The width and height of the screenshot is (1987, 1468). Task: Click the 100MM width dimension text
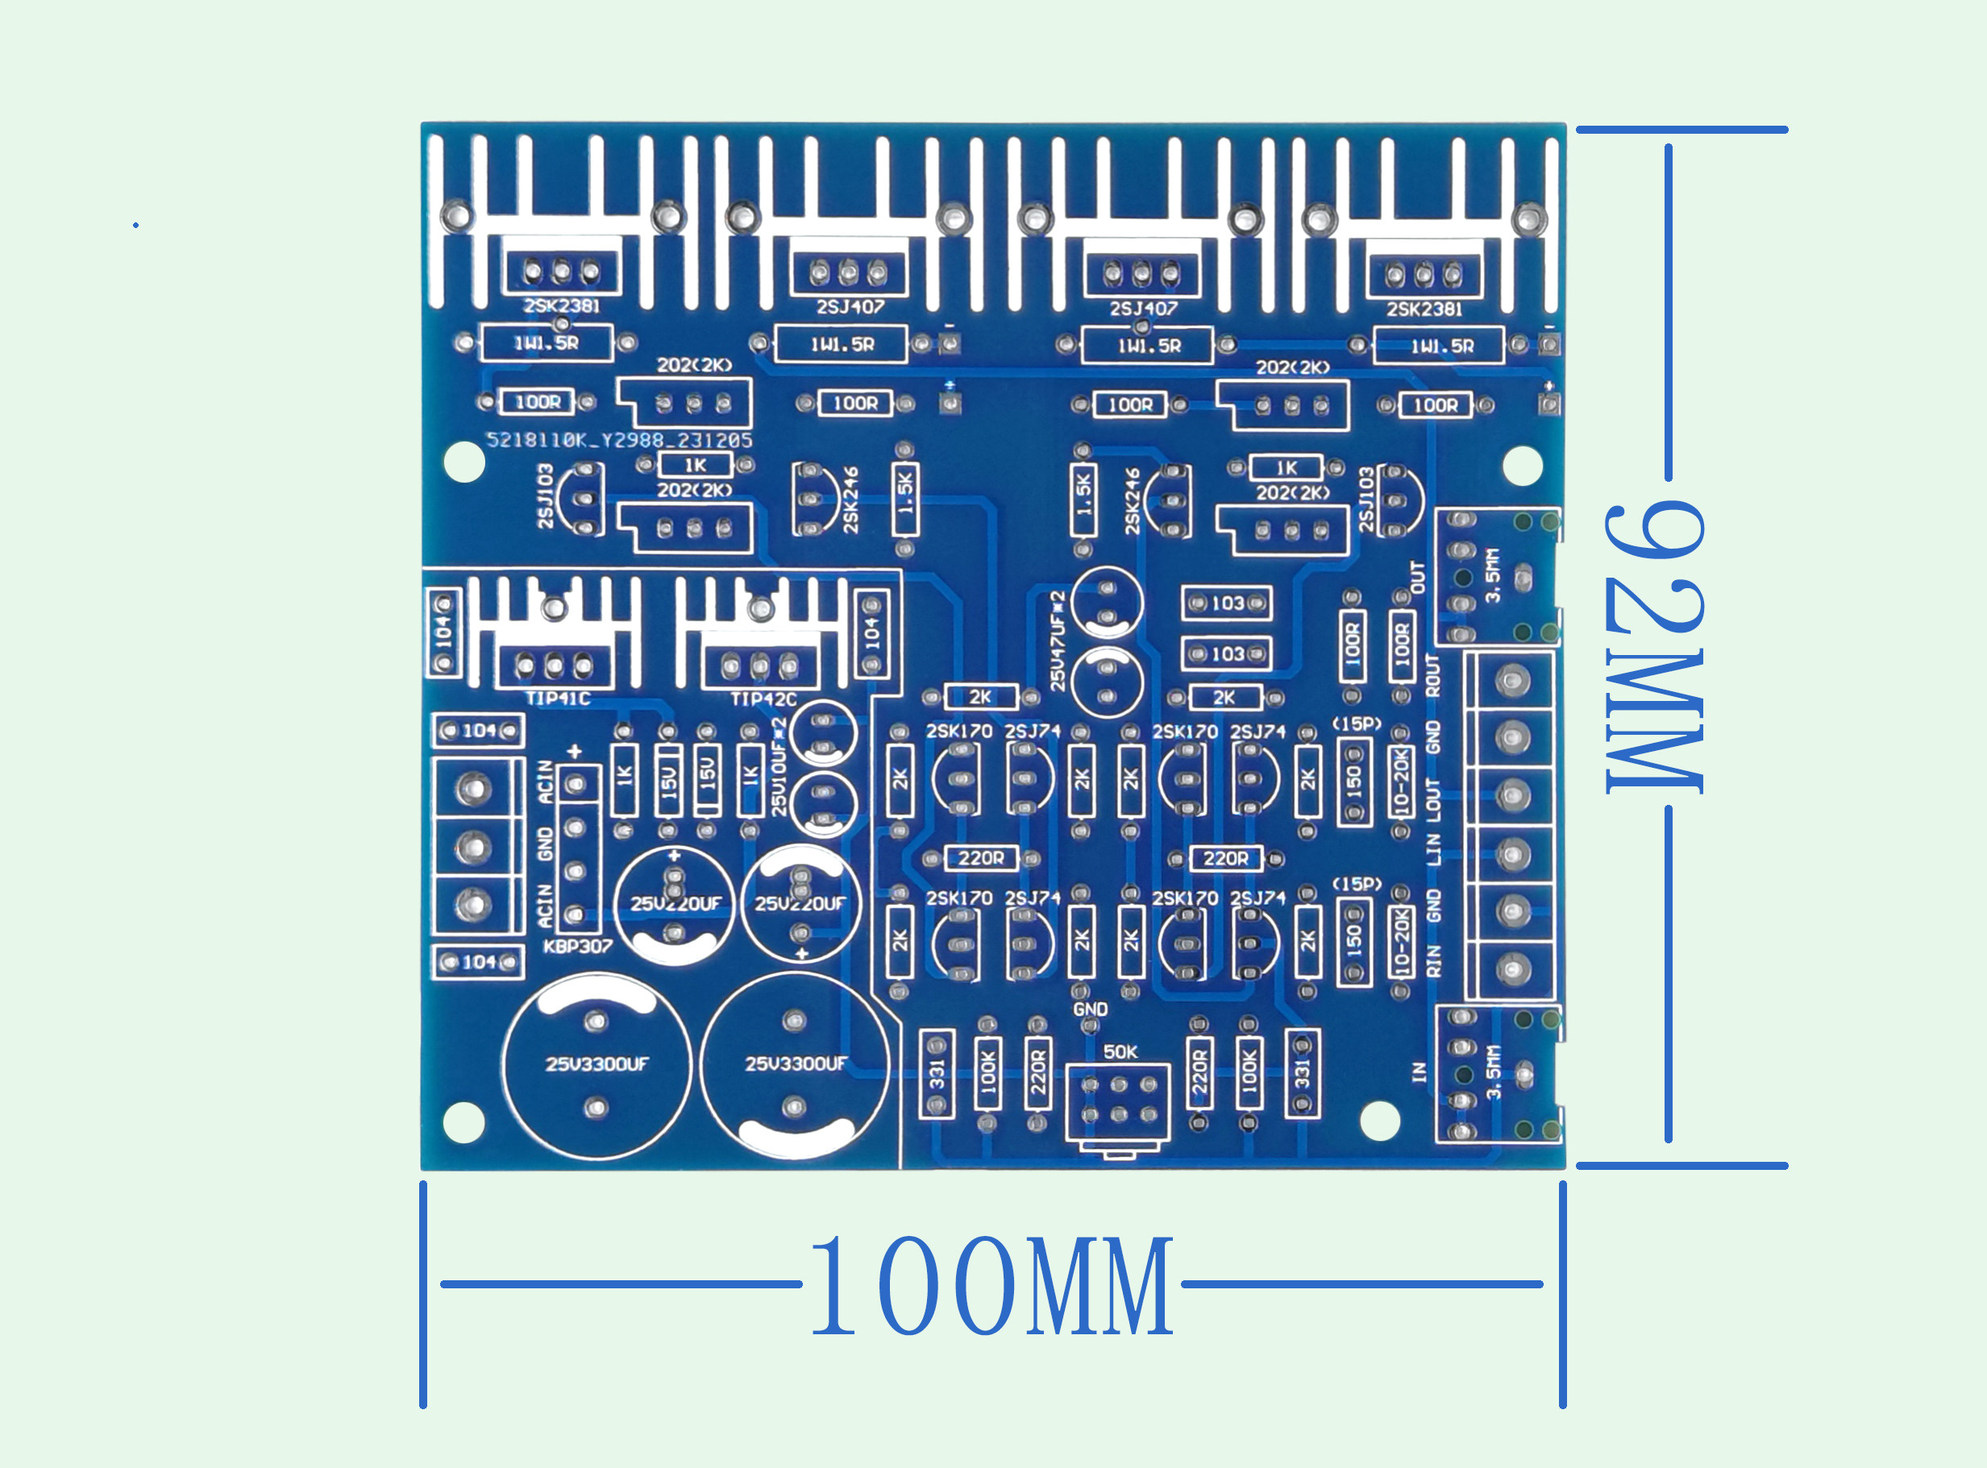(x=992, y=1286)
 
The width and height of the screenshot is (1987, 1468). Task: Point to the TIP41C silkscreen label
(x=558, y=699)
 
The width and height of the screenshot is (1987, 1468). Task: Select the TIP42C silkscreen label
(x=763, y=699)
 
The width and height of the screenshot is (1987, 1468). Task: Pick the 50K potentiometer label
(x=1120, y=1052)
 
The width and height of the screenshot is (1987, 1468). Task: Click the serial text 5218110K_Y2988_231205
(x=620, y=440)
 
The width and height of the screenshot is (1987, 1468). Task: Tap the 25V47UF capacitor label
(x=1057, y=641)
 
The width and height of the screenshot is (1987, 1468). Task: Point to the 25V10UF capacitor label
(x=779, y=767)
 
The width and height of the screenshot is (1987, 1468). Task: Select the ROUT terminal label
(x=1433, y=675)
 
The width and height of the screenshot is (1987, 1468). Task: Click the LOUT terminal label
(x=1433, y=795)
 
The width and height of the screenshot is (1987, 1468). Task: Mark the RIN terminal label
(x=1433, y=961)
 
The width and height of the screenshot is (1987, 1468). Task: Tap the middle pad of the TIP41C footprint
(x=555, y=665)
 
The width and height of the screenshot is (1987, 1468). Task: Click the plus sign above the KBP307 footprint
(x=574, y=752)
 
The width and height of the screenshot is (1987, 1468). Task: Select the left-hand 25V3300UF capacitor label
(x=597, y=1064)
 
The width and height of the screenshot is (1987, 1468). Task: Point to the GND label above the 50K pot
(x=1090, y=1010)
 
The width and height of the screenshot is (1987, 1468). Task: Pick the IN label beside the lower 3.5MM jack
(x=1419, y=1072)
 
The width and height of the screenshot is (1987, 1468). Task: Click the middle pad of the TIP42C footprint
(x=760, y=666)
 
